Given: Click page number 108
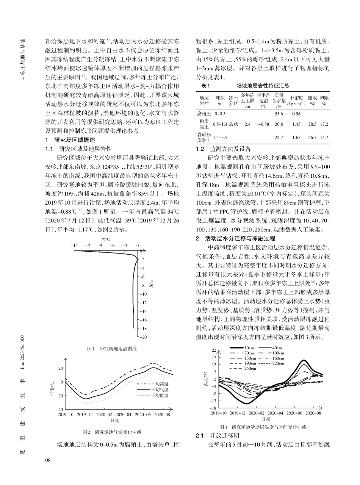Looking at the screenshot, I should click(47, 460).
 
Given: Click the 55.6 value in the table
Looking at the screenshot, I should click(279, 114).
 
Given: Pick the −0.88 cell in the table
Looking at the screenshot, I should click(263, 124).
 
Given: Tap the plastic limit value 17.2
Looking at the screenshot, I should click(324, 124).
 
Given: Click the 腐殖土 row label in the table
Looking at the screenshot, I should click(204, 114).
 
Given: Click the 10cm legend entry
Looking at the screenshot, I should click(249, 348).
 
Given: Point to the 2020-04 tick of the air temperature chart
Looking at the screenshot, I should click(123, 414).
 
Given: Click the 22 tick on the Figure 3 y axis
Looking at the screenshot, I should click(214, 350).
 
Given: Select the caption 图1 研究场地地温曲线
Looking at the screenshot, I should click(112, 348).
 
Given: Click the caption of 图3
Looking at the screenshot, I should click(263, 427).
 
